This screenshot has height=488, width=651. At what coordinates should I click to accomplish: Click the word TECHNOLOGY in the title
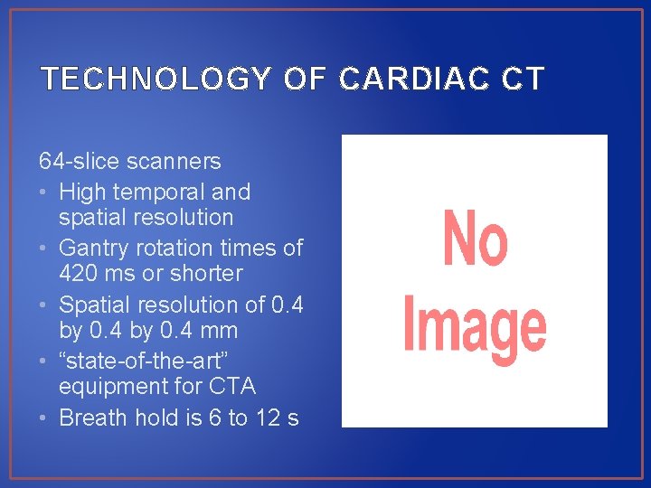tap(156, 80)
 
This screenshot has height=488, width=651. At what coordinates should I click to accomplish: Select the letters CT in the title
tap(525, 80)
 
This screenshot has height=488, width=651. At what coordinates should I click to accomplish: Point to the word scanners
tap(176, 162)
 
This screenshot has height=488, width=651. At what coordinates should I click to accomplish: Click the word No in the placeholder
tap(475, 239)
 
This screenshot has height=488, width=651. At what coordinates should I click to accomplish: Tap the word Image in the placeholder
tap(475, 327)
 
